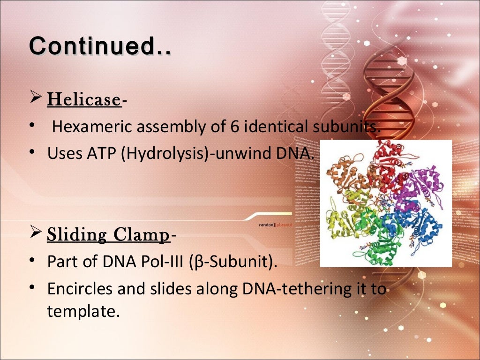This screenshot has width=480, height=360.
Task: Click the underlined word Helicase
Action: pyautogui.click(x=84, y=99)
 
